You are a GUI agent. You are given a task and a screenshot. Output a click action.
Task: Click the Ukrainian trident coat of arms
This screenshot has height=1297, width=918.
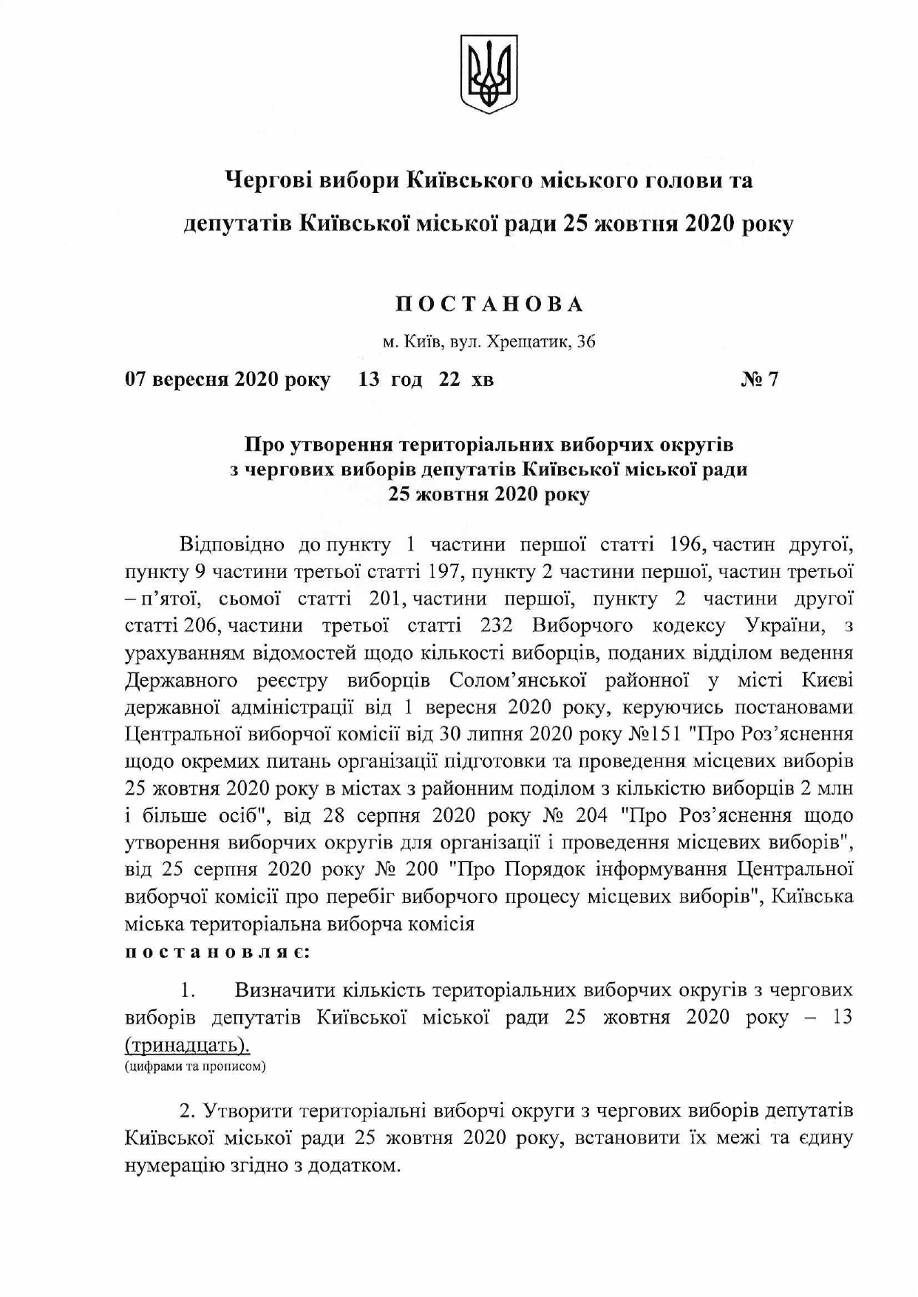click(489, 74)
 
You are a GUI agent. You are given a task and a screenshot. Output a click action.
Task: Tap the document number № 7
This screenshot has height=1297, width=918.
click(760, 380)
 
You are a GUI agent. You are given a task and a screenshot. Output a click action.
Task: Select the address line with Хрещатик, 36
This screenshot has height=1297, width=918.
click(489, 342)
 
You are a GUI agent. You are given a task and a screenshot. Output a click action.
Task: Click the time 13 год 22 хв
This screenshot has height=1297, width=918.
click(426, 380)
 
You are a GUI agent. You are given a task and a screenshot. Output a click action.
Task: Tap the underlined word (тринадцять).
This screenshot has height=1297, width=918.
click(187, 1046)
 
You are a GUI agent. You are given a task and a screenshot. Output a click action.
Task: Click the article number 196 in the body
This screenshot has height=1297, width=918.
click(683, 545)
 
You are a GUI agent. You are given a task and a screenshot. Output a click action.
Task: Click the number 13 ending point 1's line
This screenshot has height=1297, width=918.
click(842, 1018)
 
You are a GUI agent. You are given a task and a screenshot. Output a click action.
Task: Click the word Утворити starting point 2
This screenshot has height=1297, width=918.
click(248, 1112)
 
